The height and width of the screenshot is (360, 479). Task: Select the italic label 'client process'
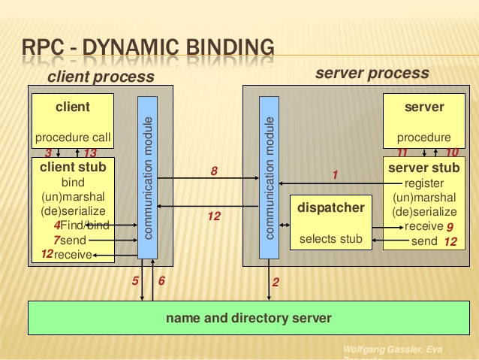(101, 77)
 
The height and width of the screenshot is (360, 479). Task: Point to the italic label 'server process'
(372, 73)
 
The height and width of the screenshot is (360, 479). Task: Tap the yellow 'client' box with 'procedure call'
(73, 121)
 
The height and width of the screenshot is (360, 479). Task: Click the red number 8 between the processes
(214, 171)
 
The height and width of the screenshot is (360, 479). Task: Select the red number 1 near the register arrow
(336, 175)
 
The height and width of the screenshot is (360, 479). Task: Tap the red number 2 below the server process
(276, 283)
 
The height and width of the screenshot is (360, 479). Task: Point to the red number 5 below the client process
(135, 281)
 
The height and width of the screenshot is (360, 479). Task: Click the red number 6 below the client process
(161, 281)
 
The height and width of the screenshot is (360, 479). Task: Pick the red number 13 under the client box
(91, 153)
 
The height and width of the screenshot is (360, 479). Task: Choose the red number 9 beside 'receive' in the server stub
(450, 226)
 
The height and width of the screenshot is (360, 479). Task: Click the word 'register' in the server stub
(424, 183)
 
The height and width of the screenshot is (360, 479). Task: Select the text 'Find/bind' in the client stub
(86, 225)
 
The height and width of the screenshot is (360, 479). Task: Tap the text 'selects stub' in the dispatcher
(331, 239)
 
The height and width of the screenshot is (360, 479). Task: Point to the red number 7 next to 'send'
(56, 240)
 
